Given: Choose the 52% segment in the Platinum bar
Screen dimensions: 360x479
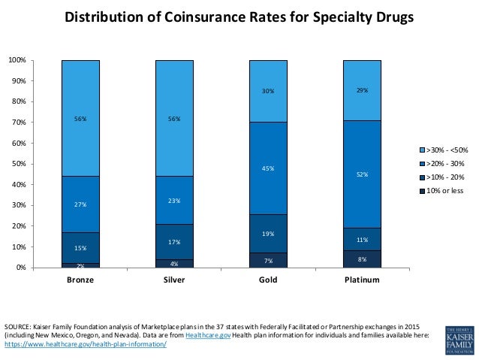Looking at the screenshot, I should click(x=362, y=174).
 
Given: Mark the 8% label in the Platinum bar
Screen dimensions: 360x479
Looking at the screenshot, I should click(x=362, y=259).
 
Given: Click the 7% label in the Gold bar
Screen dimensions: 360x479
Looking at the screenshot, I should click(x=268, y=261).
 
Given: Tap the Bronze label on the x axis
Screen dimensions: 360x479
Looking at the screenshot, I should click(x=80, y=280).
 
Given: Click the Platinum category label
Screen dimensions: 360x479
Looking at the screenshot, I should click(x=362, y=280).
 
